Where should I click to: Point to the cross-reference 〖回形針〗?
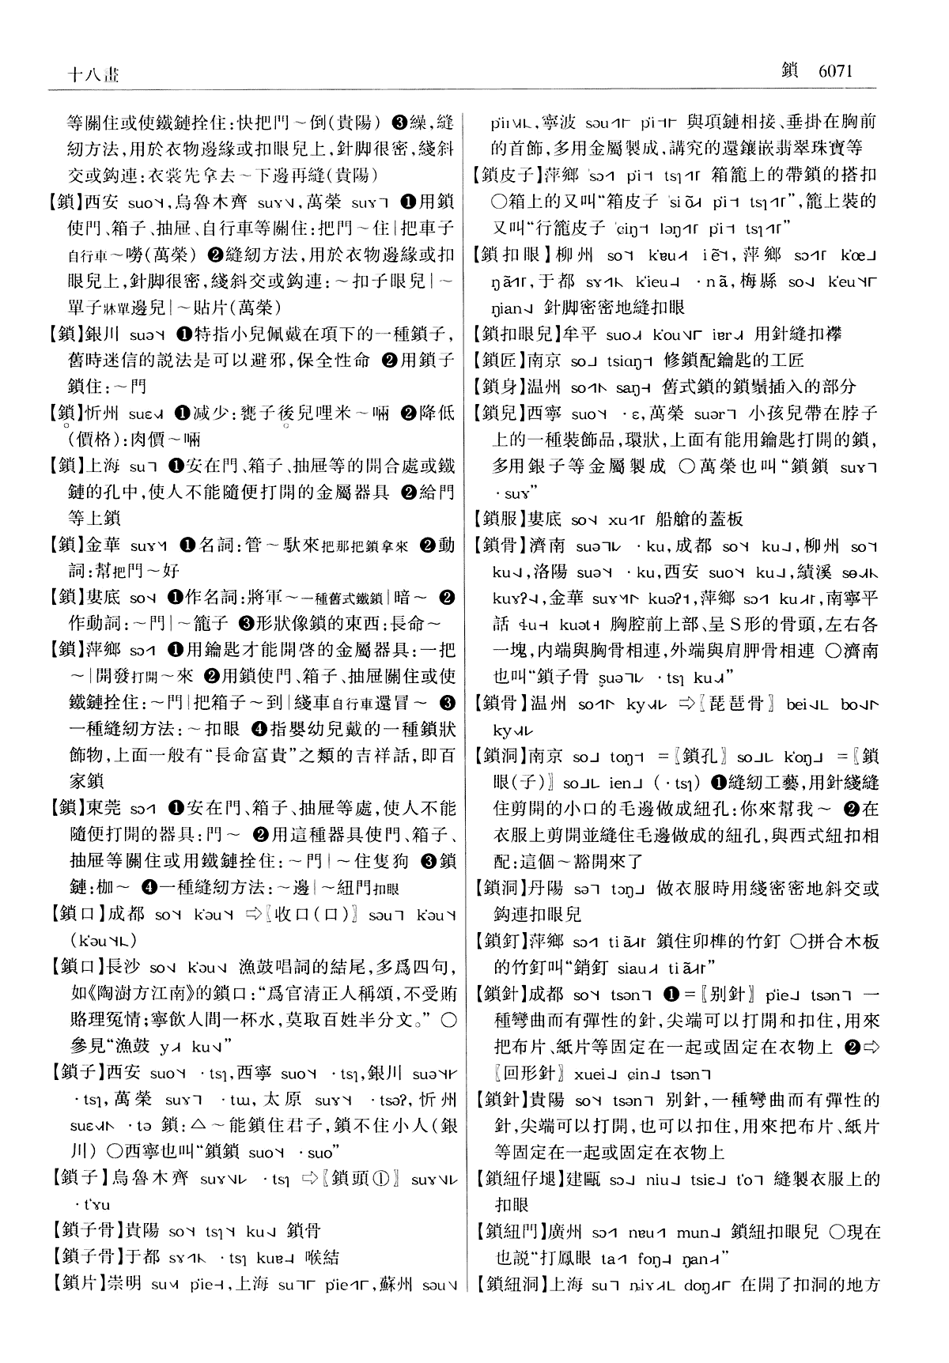tap(530, 1074)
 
